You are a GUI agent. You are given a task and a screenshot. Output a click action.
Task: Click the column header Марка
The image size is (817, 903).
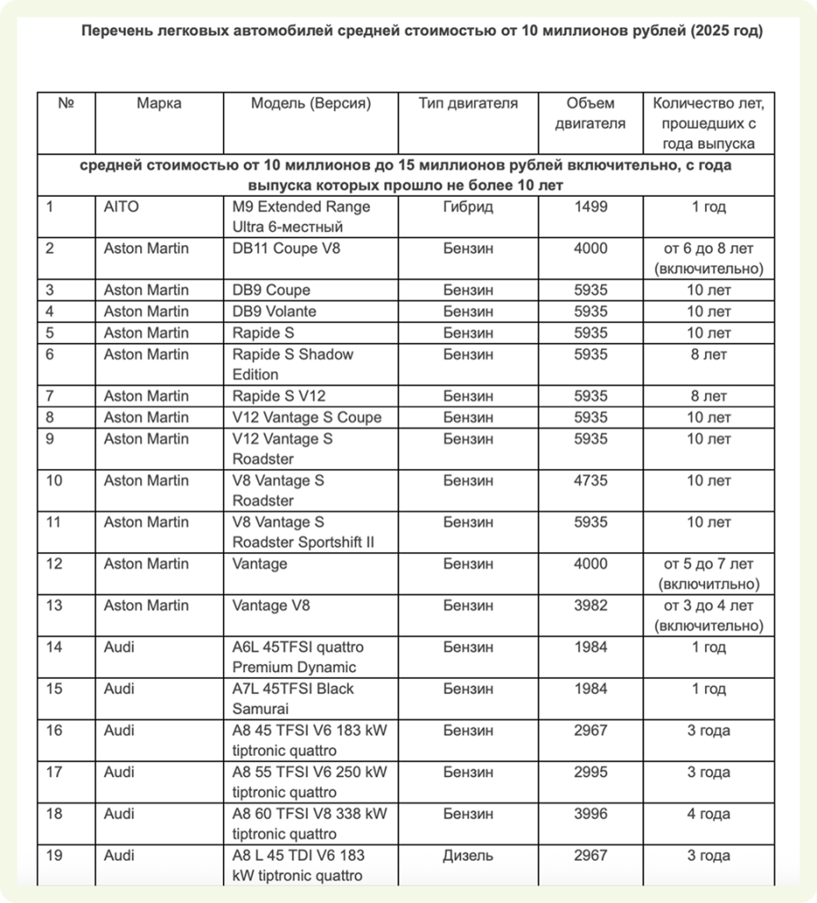tap(159, 103)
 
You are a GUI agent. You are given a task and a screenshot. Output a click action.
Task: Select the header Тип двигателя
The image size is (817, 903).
tap(467, 103)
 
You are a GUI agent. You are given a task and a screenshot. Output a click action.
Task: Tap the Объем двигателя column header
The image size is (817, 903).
tap(590, 113)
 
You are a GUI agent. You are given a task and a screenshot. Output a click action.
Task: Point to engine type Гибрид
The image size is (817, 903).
tap(467, 206)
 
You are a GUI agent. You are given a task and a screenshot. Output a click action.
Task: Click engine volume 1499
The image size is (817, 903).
tap(590, 206)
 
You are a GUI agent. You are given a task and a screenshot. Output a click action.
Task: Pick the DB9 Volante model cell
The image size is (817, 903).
tap(274, 311)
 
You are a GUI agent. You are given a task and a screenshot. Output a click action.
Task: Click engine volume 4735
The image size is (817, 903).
tap(590, 481)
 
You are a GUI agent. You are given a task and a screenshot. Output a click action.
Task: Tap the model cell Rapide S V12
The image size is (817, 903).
tap(279, 396)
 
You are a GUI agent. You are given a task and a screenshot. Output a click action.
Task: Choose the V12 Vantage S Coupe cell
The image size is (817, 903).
tap(307, 417)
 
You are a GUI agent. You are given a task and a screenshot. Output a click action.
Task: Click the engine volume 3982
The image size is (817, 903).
tap(590, 605)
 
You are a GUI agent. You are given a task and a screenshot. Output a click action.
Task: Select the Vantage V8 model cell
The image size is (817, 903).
tap(272, 605)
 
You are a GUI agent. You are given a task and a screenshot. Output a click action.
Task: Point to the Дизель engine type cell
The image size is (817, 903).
tap(467, 855)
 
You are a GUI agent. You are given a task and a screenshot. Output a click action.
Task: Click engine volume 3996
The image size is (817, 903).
tap(590, 814)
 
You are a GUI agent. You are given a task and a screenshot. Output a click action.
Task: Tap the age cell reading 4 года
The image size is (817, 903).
tap(709, 814)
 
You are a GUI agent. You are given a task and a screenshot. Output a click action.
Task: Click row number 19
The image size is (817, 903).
tap(55, 855)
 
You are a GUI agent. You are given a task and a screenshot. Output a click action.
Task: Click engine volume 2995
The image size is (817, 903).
tap(590, 772)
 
